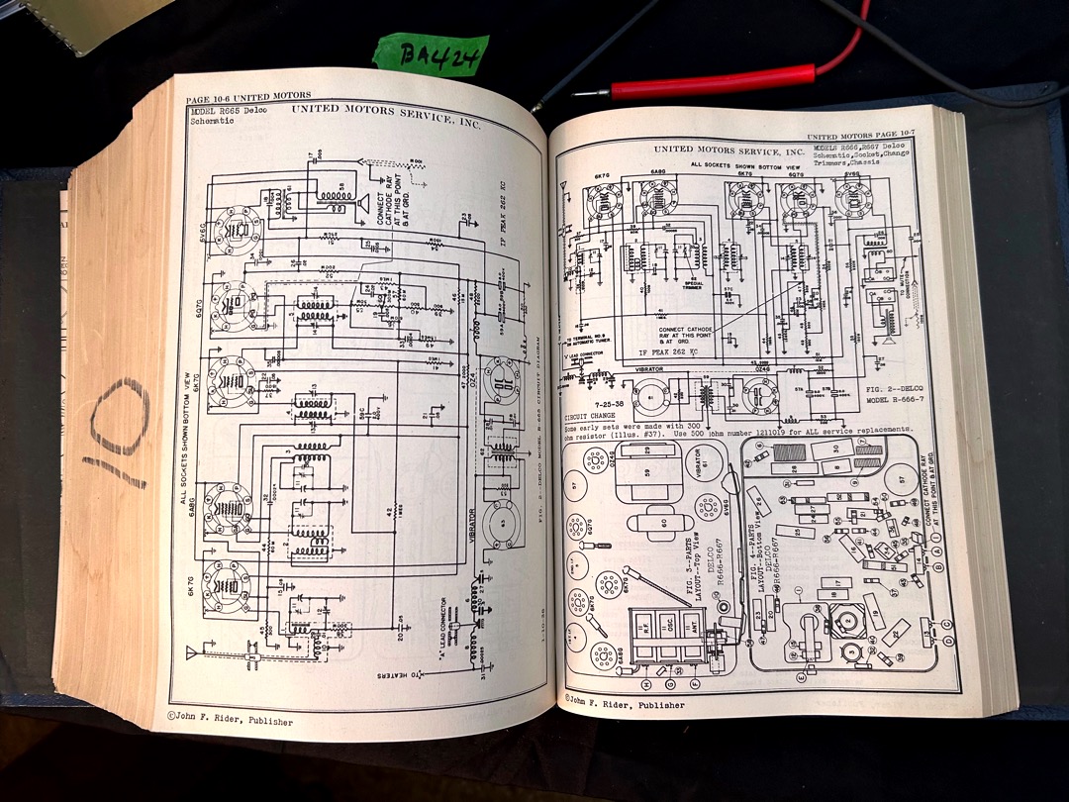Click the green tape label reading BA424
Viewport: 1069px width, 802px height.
tap(432, 55)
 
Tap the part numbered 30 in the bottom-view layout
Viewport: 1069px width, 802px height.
tap(837, 449)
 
